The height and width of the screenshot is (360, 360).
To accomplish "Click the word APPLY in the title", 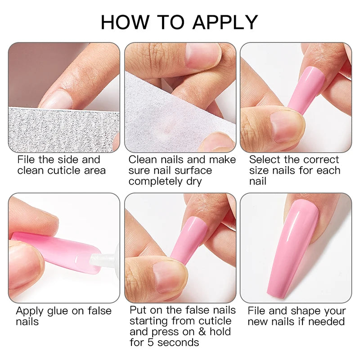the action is (x=225, y=22).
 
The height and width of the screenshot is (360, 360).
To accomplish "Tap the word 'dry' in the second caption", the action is (x=194, y=182).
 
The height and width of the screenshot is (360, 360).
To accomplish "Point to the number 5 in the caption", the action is (x=150, y=342).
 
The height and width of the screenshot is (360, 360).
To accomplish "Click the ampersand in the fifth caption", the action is (x=202, y=332).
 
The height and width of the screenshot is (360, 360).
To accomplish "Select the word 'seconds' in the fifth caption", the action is (x=178, y=342).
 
